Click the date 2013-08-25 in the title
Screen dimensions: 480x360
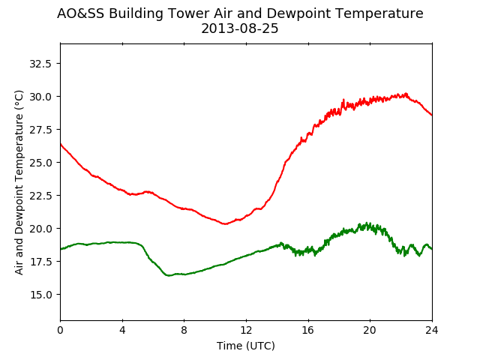pos(240,28)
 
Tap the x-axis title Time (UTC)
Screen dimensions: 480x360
pos(246,346)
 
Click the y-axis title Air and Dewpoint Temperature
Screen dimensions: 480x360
pos(19,182)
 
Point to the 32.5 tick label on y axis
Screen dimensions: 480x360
pos(40,64)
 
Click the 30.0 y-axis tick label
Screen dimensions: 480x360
pos(40,97)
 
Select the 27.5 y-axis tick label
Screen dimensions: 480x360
pos(40,130)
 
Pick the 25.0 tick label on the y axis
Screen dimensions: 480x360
pos(40,163)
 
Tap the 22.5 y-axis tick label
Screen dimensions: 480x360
pos(40,196)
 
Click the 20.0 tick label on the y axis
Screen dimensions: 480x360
pos(40,229)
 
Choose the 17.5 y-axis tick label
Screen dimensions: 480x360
pos(40,262)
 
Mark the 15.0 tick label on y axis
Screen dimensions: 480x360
pos(40,295)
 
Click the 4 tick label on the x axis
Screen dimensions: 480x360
pos(122,330)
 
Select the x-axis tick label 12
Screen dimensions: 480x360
pos(246,330)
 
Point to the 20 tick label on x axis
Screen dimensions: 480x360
pos(370,330)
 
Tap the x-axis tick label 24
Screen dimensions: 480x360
pos(432,330)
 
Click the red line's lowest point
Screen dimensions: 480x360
pos(225,223)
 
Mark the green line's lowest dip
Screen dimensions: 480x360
pos(168,275)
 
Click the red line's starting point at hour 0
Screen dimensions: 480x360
pos(61,143)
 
